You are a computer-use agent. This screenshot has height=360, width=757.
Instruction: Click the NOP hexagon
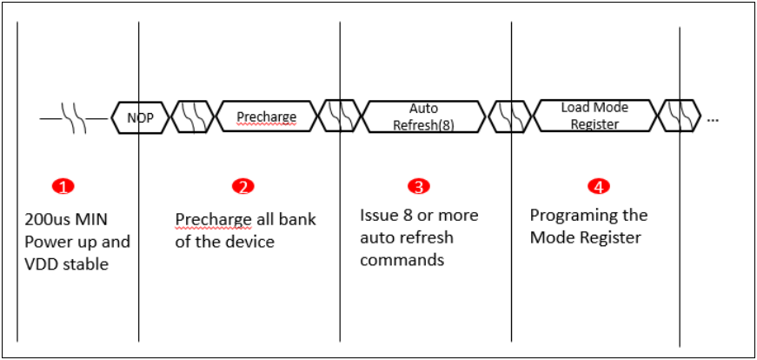[139, 117]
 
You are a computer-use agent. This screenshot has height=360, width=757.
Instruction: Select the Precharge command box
[267, 117]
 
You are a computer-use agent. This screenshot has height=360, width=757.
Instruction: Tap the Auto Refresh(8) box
[423, 117]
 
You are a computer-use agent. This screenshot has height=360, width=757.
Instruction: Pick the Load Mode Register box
[594, 116]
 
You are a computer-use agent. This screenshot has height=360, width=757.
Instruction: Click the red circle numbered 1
[63, 186]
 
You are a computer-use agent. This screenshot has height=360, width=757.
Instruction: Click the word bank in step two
[298, 218]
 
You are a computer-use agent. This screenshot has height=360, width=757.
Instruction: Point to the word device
[249, 241]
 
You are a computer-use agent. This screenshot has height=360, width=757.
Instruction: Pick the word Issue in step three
[379, 215]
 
